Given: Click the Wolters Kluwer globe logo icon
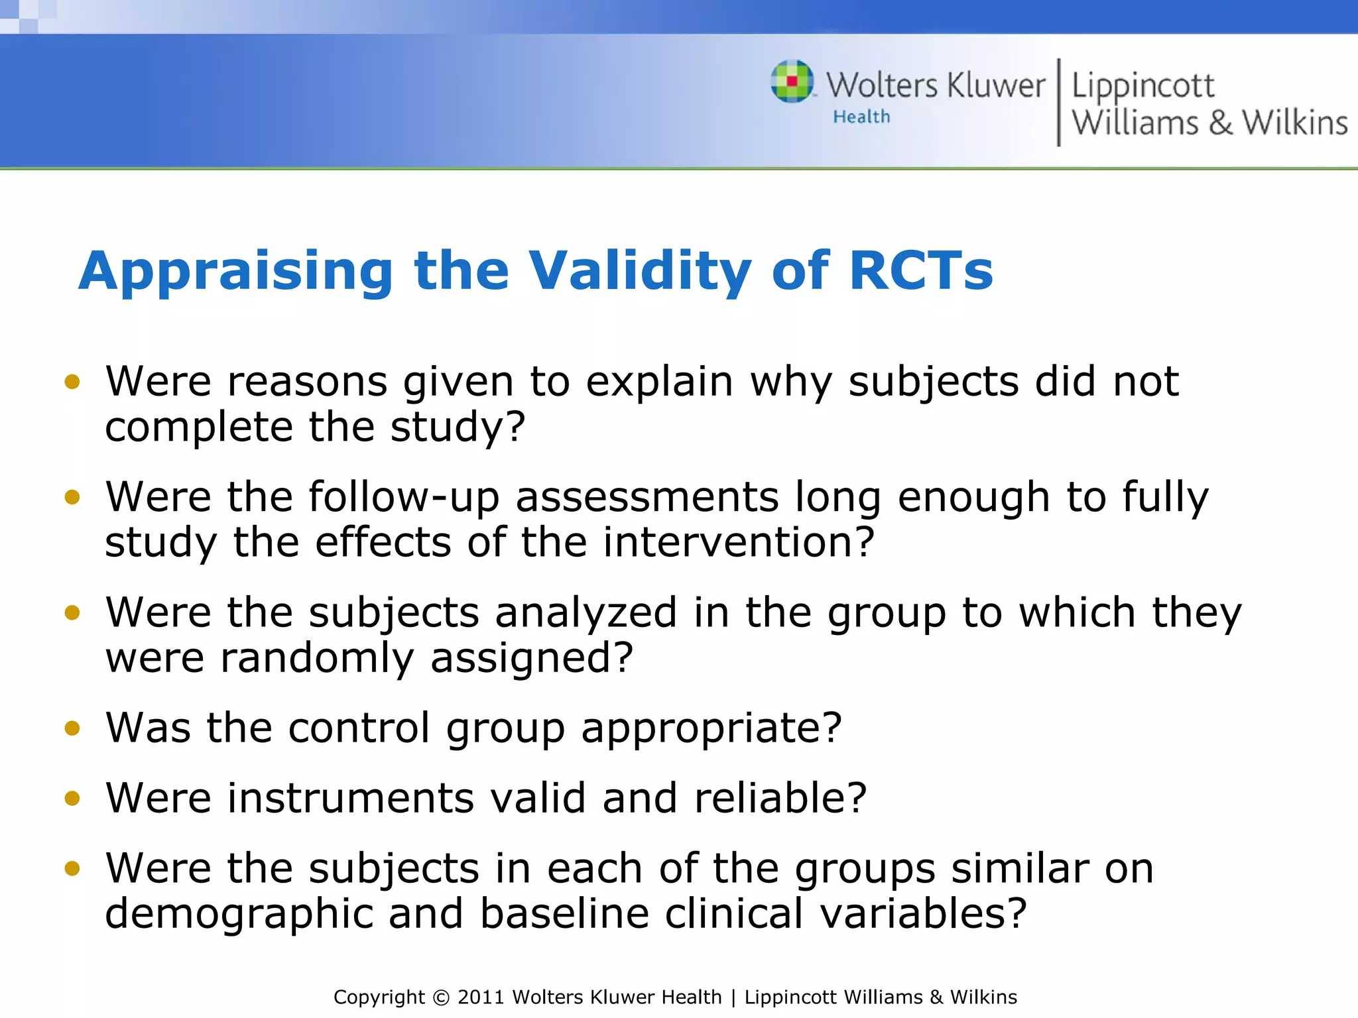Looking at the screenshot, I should (x=792, y=82).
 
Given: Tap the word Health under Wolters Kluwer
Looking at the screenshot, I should (x=861, y=117).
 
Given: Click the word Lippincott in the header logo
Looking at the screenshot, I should (x=1142, y=86).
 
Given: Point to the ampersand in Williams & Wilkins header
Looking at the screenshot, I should (x=1221, y=123).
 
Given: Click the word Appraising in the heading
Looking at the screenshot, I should (x=236, y=272).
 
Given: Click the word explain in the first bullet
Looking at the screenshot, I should (x=659, y=382).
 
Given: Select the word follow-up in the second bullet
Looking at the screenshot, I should (x=404, y=498).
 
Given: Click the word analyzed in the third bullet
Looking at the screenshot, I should (x=586, y=612).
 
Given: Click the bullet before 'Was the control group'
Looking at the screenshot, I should (x=72, y=728).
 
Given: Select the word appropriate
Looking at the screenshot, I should (x=711, y=729).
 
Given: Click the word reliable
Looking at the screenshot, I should (x=780, y=798).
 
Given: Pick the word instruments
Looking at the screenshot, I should (x=351, y=798).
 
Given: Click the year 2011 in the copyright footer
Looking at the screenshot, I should (x=481, y=997).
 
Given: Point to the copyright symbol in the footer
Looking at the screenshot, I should (x=440, y=997).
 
